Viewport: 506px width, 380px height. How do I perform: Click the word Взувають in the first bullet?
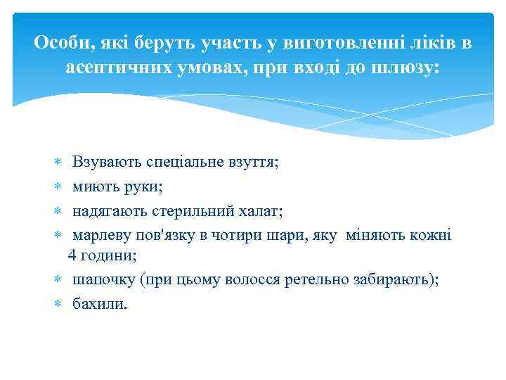108,162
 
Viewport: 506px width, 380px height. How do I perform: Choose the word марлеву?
100,235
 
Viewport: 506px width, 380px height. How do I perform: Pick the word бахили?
99,304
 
